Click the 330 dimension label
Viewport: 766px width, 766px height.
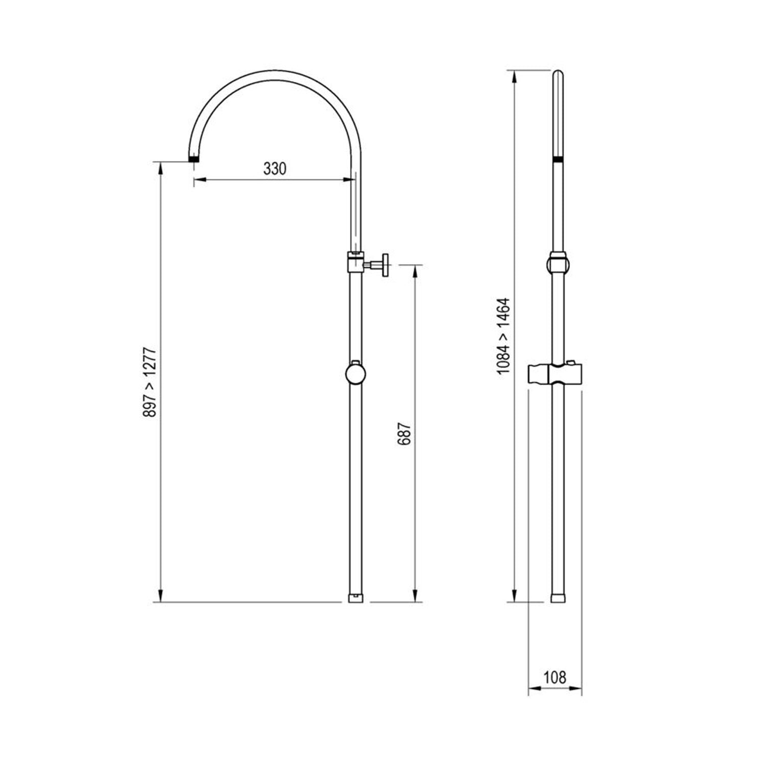tap(275, 169)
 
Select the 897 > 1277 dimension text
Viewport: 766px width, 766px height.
tap(150, 381)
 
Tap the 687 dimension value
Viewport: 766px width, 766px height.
tap(404, 434)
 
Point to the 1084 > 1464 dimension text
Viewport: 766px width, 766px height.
tap(504, 336)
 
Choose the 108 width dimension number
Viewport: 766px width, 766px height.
tap(555, 677)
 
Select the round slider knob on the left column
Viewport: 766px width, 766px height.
tap(355, 374)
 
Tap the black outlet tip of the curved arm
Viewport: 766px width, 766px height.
tap(194, 159)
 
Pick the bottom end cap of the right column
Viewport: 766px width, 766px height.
tap(558, 598)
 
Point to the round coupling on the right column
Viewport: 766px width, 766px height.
tap(558, 265)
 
